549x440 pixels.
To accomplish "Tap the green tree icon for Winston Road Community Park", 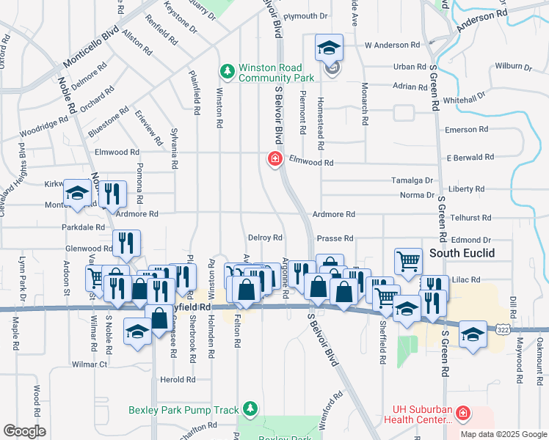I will (228, 71).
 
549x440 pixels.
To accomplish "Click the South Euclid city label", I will (462, 253).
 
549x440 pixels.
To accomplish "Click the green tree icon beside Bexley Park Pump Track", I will (251, 408).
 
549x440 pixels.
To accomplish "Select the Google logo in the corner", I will (24, 431).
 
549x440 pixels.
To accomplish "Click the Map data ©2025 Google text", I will (503, 434).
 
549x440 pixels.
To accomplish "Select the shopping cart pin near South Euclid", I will (407, 260).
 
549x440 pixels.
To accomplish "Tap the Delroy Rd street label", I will (265, 238).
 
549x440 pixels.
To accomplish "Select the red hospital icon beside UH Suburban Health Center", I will (462, 414).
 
